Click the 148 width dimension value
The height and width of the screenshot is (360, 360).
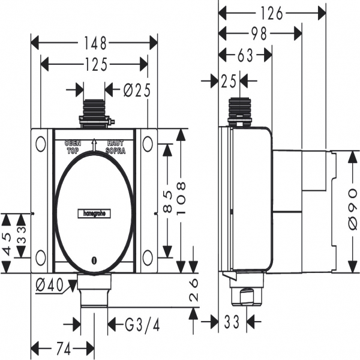94,43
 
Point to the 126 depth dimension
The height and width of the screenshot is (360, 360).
272,11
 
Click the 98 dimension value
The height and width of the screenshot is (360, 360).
259,34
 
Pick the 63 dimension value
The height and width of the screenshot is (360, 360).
245,56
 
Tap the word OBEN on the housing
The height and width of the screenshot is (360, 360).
73,144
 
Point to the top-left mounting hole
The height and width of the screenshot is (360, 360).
40,144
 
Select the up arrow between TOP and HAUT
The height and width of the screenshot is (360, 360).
94,145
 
